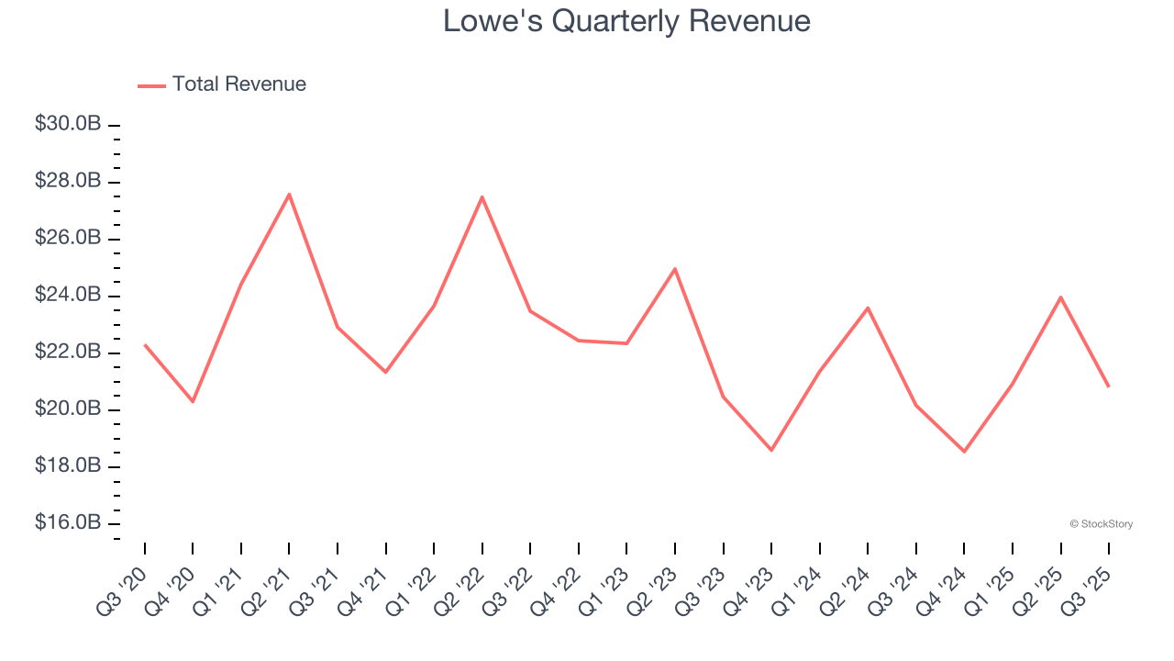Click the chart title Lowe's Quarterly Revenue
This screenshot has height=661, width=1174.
point(626,20)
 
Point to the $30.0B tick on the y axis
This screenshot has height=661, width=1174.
point(68,124)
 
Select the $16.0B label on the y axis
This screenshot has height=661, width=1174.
point(68,523)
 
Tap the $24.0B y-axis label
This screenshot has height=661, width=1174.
point(68,296)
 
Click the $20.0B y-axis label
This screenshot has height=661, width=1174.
point(68,409)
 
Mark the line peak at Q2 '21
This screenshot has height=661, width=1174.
point(289,194)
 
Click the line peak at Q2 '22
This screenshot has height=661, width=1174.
point(482,196)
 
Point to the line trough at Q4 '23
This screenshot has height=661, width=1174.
point(771,450)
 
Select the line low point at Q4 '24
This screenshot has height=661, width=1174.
point(964,452)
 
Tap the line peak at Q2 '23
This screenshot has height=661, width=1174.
point(675,269)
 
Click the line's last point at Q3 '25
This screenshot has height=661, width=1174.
point(1108,387)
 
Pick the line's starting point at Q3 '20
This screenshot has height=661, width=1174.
point(145,344)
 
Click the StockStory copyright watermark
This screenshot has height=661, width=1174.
point(1101,524)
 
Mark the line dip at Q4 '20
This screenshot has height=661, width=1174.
point(193,401)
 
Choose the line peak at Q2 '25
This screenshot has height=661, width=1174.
point(1060,297)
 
